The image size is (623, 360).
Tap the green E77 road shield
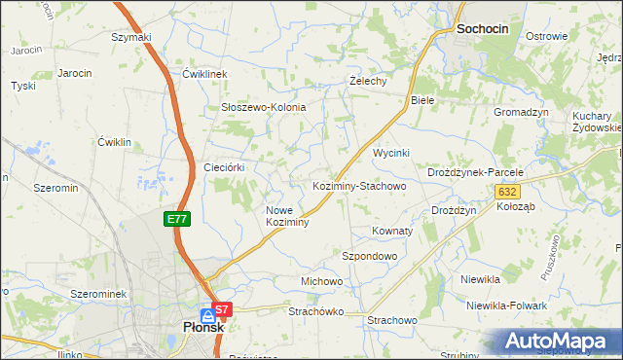click(x=177, y=220)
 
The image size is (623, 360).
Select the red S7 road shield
click(x=223, y=310)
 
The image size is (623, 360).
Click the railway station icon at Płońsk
click(x=208, y=315)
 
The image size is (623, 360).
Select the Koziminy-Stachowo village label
click(x=358, y=185)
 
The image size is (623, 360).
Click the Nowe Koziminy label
click(x=287, y=216)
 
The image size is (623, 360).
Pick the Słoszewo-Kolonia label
click(x=264, y=107)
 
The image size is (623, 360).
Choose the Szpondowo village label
click(x=370, y=256)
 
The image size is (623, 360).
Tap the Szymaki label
click(x=131, y=37)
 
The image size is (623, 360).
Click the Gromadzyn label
click(x=521, y=112)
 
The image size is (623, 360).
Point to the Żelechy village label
click(x=369, y=82)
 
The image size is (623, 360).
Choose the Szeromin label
click(x=55, y=187)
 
